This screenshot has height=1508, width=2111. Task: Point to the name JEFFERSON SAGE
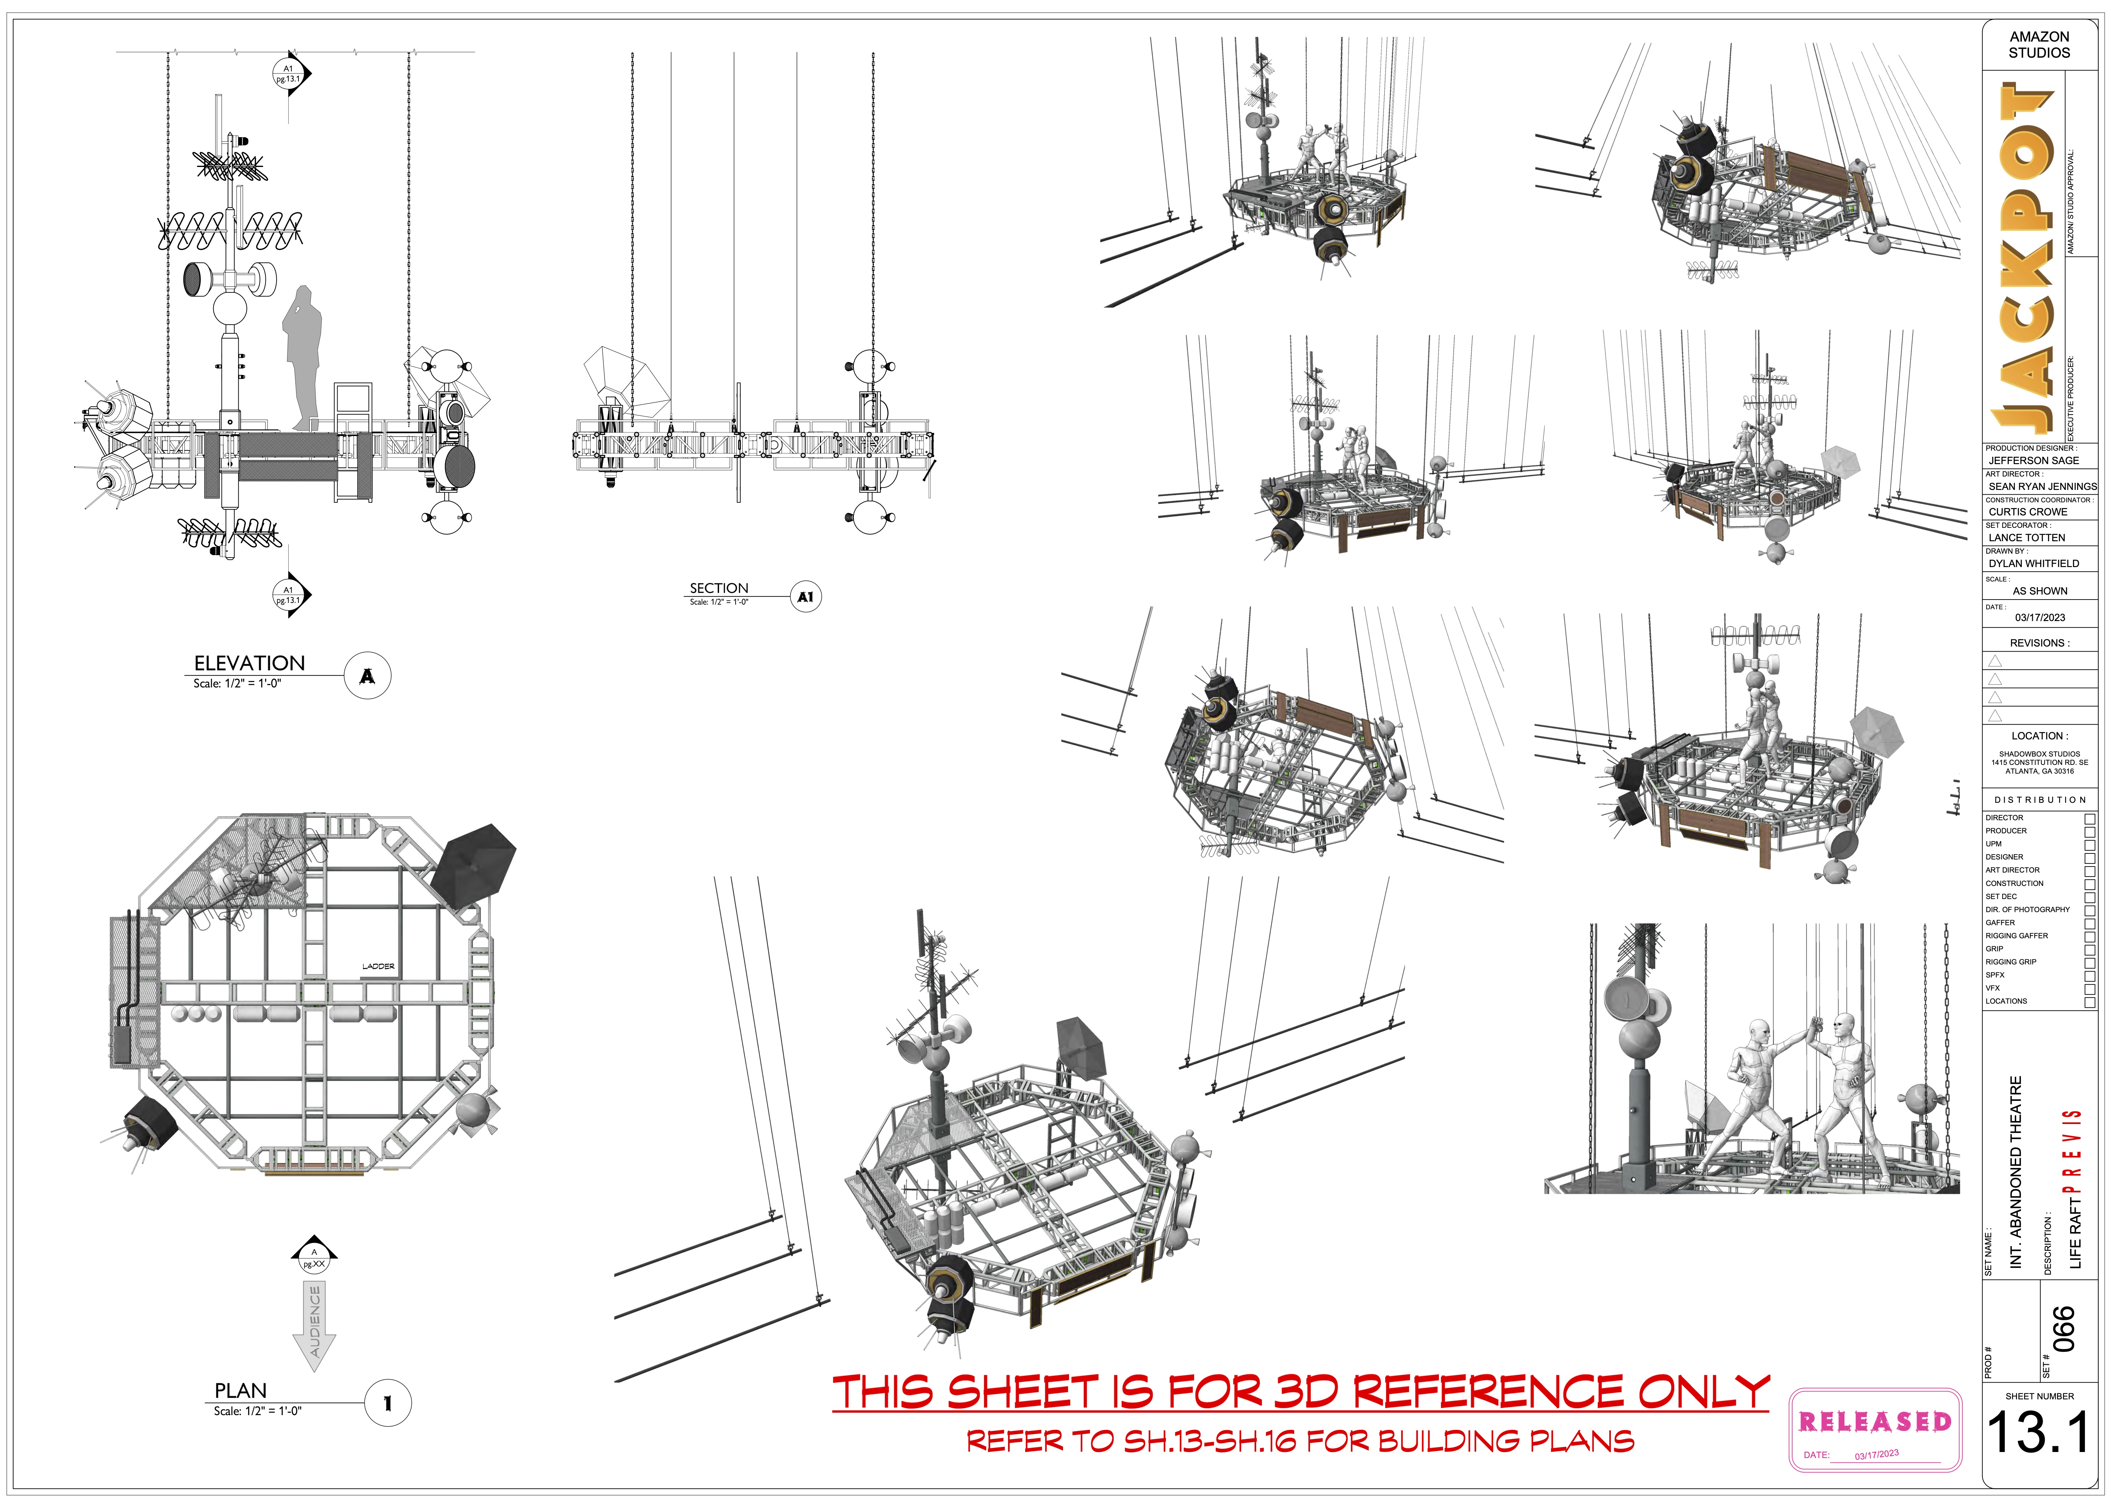tap(2033, 460)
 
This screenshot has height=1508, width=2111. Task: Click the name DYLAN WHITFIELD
tap(2033, 564)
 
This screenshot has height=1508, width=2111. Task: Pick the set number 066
tap(2063, 1330)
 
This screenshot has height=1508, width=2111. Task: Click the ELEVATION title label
tap(249, 663)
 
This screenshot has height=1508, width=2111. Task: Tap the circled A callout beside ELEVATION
tap(368, 676)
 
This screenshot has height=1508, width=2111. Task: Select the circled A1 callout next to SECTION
tap(805, 597)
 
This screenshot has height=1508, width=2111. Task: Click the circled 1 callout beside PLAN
tap(387, 1403)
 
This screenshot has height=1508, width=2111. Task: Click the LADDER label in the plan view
tap(378, 967)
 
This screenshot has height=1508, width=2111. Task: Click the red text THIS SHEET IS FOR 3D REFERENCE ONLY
tap(1300, 1393)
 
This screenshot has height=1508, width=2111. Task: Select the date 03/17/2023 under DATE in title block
tap(2040, 617)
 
